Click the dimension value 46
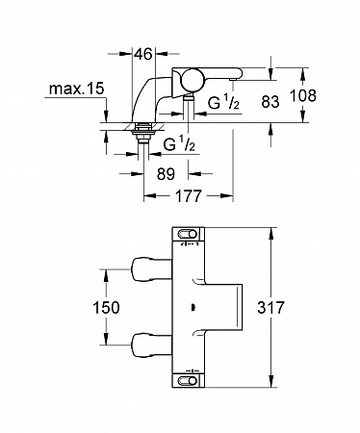(x=143, y=54)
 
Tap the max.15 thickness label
(x=77, y=89)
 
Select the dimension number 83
(x=270, y=102)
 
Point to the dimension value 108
(x=303, y=95)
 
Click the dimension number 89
(x=166, y=174)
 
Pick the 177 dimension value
(x=189, y=195)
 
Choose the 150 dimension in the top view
(x=106, y=307)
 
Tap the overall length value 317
(x=270, y=307)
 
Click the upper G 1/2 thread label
(x=223, y=103)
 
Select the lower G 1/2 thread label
(x=179, y=144)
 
